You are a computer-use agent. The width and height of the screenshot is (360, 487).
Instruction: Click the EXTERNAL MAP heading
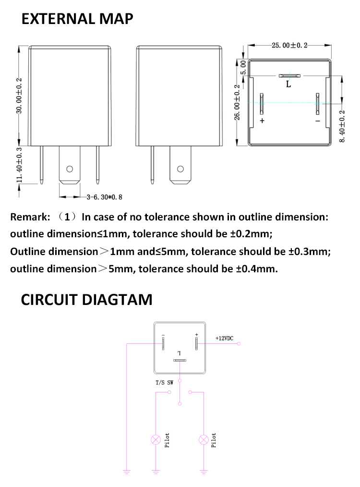point(77,19)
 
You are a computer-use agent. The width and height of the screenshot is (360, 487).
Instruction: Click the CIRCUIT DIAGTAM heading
point(86,300)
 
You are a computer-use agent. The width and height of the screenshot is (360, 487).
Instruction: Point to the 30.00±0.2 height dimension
point(20,96)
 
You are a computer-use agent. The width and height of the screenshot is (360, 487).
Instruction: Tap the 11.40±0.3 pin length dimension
point(20,165)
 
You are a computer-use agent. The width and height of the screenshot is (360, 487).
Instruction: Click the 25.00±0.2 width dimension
point(289,46)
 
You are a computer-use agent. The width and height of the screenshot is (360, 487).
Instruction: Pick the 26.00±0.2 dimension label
point(237,103)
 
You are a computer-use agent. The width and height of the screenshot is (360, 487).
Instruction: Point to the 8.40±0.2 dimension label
point(342,126)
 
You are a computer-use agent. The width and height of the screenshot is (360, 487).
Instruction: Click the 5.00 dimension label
point(243,66)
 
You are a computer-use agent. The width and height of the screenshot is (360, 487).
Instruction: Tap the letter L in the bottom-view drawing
point(288,85)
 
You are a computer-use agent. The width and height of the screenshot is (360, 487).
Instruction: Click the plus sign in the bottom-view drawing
point(262,121)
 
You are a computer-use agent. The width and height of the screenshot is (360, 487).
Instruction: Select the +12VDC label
point(224,339)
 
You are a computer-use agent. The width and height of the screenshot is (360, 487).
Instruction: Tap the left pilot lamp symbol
point(156,439)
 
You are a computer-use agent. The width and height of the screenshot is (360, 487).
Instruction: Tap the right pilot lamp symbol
point(204,439)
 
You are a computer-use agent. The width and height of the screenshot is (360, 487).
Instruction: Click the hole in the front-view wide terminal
point(70,169)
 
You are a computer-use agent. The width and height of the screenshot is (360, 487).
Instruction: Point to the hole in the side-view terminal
point(180,169)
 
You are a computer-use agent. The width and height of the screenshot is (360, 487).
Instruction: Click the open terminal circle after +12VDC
point(239,344)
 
